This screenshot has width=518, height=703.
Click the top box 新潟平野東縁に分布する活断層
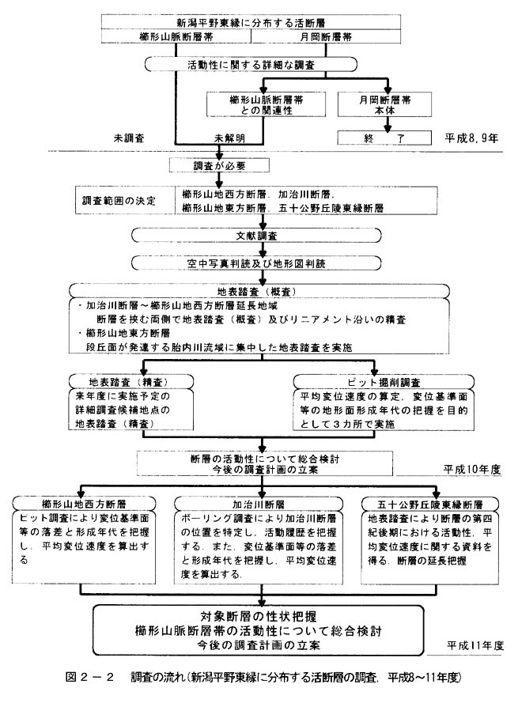tap(251, 21)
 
